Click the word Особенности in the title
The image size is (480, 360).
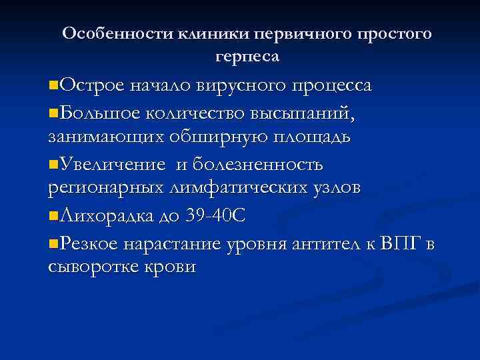[117, 33]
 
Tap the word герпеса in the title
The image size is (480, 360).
[247, 57]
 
